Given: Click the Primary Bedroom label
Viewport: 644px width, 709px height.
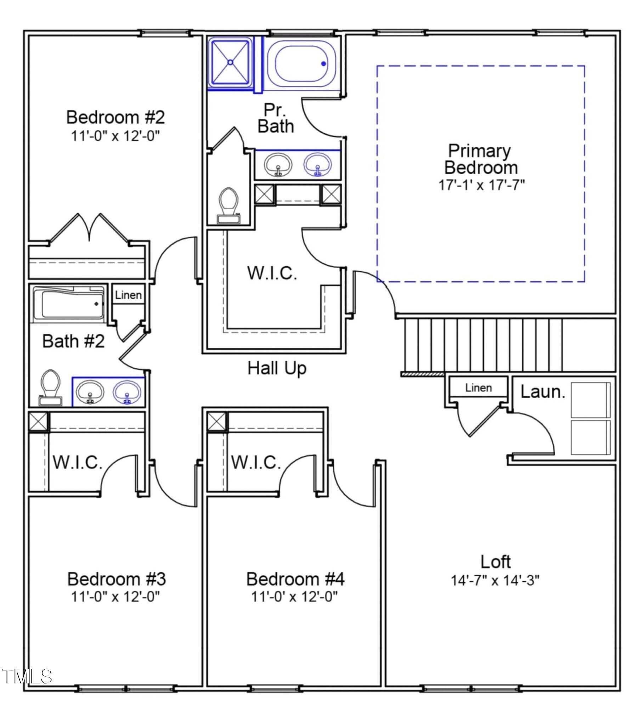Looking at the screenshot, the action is point(481,159).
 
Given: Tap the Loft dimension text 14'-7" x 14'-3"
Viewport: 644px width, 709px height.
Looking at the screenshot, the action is point(495,581).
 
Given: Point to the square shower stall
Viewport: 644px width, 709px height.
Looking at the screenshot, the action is point(230,62).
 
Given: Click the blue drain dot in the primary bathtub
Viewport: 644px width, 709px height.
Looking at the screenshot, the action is point(323,64).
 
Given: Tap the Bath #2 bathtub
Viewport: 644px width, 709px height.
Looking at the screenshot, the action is point(68,305).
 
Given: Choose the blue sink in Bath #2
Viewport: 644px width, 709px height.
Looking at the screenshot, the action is point(127,393).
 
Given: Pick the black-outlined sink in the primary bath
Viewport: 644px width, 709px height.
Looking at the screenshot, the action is point(278,165).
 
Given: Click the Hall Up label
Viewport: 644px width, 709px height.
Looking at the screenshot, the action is point(277,369).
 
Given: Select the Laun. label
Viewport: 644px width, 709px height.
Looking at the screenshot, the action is point(543,392).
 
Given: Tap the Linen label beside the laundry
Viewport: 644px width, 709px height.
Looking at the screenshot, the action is point(478,388).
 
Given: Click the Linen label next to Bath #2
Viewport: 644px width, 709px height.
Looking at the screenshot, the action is point(128,295).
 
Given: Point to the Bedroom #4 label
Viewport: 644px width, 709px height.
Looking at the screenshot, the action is point(295,579).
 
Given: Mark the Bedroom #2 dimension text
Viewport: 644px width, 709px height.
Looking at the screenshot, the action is point(115,136).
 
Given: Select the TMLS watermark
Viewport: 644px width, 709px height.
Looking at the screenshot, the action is point(27,676).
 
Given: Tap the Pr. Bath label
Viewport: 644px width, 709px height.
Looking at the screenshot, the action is point(276,118).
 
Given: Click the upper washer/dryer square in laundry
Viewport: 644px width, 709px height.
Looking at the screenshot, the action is point(591,400).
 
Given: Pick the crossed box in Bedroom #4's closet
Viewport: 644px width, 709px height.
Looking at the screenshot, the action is point(216,422).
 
